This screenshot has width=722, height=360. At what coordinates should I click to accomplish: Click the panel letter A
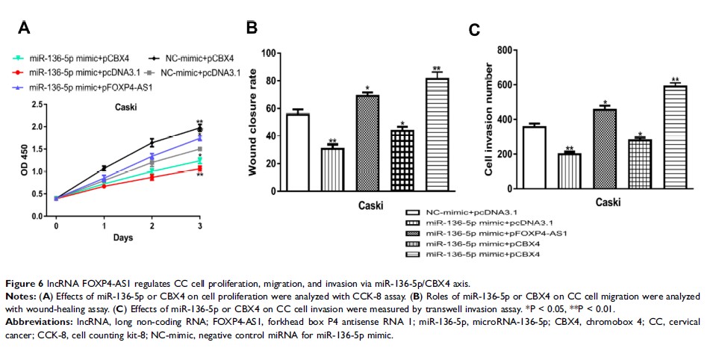point(25,28)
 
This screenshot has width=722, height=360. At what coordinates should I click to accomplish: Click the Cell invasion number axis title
point(490,120)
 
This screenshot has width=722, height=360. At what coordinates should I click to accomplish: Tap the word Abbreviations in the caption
point(37,322)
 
